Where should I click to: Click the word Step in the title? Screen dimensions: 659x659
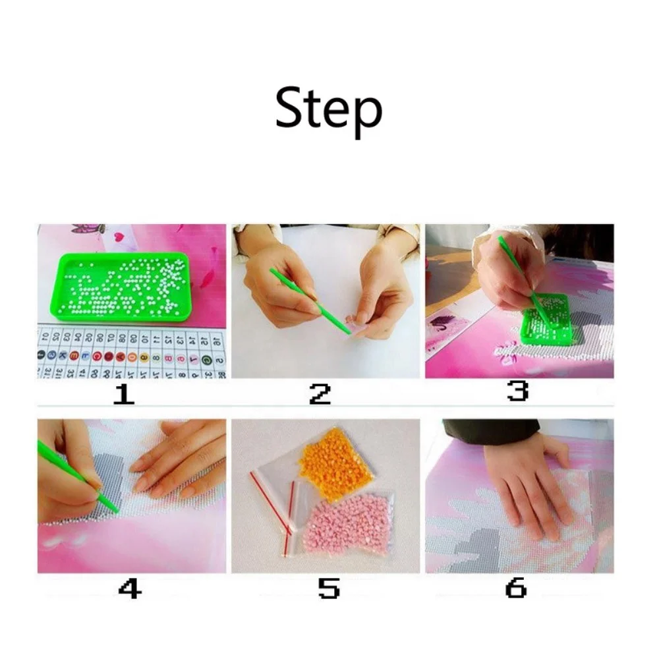[328, 110]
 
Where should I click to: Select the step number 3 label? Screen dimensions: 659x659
[517, 392]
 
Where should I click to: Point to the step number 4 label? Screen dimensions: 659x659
[129, 588]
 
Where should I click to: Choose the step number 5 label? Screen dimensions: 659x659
[329, 588]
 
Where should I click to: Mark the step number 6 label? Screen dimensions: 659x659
[516, 588]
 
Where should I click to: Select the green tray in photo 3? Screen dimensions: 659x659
[544, 320]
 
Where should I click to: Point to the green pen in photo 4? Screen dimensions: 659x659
[76, 476]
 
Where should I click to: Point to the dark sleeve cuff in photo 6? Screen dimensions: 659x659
[490, 430]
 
